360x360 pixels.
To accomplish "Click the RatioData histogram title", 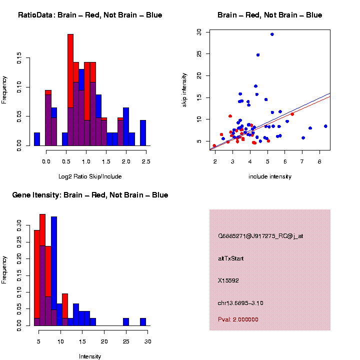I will [x=90, y=15].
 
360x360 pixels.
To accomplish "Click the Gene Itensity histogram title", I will [x=90, y=195].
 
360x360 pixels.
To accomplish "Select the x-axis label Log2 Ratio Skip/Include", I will [x=90, y=176].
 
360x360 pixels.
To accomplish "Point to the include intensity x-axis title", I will [x=270, y=176].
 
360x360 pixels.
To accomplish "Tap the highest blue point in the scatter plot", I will [x=272, y=34].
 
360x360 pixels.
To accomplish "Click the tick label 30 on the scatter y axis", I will [x=199, y=32].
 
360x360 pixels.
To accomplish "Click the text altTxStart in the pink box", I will [x=231, y=259].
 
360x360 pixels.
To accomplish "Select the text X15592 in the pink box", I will [x=228, y=280].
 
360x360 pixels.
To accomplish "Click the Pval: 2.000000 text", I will [x=238, y=319].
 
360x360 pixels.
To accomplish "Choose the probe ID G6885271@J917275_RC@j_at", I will [x=260, y=236].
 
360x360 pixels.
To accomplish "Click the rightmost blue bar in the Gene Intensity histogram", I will [x=143, y=322].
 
